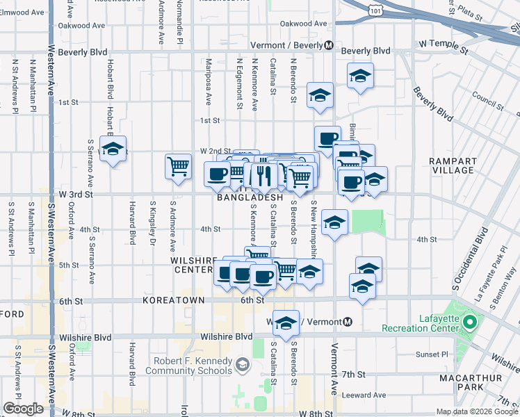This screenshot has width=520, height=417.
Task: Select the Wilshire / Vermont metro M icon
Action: (348, 322)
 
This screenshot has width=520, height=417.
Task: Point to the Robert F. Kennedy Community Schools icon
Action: (242, 363)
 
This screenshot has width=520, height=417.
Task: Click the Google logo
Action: (23, 409)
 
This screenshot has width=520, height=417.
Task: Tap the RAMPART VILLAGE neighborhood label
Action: (452, 165)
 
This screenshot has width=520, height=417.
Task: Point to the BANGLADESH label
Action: (250, 198)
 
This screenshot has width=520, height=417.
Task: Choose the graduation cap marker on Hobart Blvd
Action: (113, 149)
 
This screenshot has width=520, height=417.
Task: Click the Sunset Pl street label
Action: (429, 354)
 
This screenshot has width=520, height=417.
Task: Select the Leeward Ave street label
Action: (364, 395)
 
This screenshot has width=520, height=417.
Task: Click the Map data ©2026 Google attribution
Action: (477, 411)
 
